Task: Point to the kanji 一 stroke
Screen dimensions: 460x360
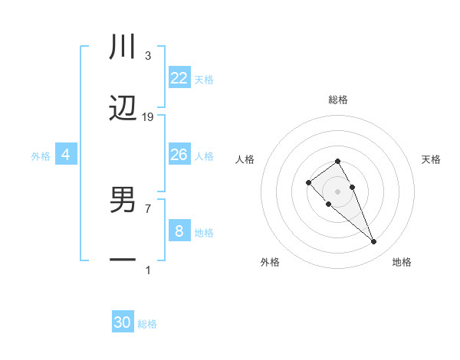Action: (x=123, y=261)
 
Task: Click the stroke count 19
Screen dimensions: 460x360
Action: (x=148, y=117)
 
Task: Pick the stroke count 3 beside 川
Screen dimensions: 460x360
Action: (x=148, y=56)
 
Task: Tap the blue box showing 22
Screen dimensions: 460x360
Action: (x=179, y=78)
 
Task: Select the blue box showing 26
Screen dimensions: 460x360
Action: (x=179, y=155)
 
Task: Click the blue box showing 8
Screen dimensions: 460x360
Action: (x=179, y=231)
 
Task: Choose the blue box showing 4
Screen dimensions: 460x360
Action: (x=66, y=155)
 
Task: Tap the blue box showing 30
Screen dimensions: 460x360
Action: (x=123, y=322)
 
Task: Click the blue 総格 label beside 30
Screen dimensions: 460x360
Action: (x=147, y=324)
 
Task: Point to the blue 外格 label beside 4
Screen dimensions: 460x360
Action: (x=41, y=156)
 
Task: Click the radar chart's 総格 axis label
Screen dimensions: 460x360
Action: (x=338, y=100)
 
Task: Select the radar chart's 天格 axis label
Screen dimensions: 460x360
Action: (x=431, y=159)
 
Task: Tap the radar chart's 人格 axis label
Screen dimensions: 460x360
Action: (x=245, y=159)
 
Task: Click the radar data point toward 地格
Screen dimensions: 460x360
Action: (x=373, y=242)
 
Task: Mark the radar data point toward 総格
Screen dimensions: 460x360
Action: (x=337, y=161)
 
